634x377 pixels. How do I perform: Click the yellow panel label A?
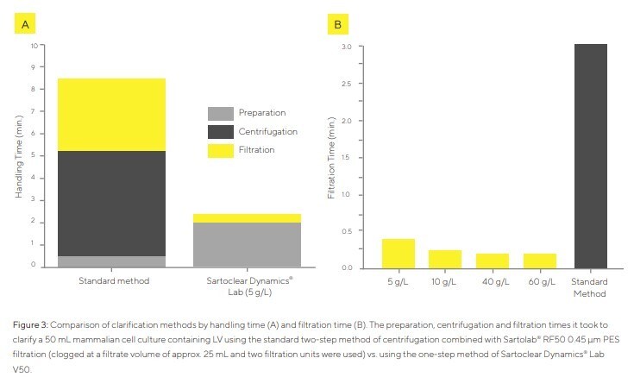pyautogui.click(x=25, y=24)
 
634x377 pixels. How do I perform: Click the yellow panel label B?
pyautogui.click(x=337, y=24)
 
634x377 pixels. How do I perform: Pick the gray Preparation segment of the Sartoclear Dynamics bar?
pyautogui.click(x=246, y=245)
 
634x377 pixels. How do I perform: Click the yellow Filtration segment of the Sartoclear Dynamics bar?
pyautogui.click(x=246, y=218)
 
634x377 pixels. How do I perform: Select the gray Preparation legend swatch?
pyautogui.click(x=222, y=113)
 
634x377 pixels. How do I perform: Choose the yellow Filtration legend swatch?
pyautogui.click(x=222, y=151)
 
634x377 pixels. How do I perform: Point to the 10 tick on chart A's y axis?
pyautogui.click(x=34, y=45)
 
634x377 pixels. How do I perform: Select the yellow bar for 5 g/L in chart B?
pyautogui.click(x=399, y=254)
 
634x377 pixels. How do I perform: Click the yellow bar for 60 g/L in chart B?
pyautogui.click(x=540, y=261)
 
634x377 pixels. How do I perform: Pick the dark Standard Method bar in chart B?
pyautogui.click(x=587, y=156)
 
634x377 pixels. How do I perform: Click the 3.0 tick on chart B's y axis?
pyautogui.click(x=345, y=46)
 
